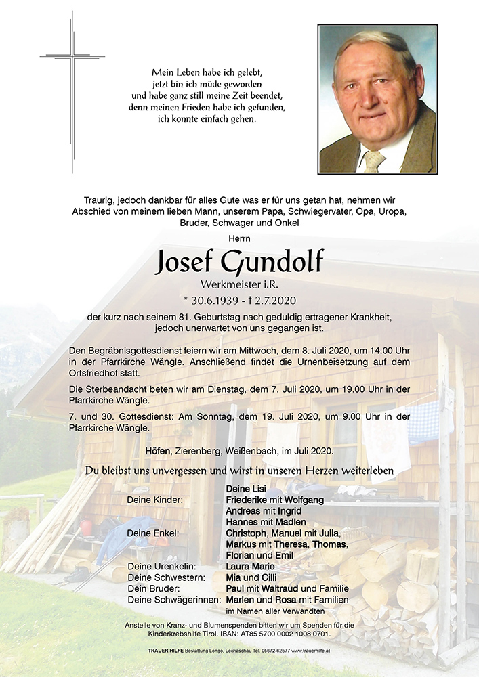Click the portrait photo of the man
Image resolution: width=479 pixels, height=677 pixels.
pyautogui.click(x=377, y=100)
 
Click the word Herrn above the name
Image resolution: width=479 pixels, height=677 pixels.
pyautogui.click(x=239, y=238)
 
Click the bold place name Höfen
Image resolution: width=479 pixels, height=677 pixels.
pyautogui.click(x=157, y=451)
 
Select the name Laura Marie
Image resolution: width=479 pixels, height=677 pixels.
pyautogui.click(x=250, y=566)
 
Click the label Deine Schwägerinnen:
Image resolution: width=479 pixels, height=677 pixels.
pyautogui.click(x=172, y=600)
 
